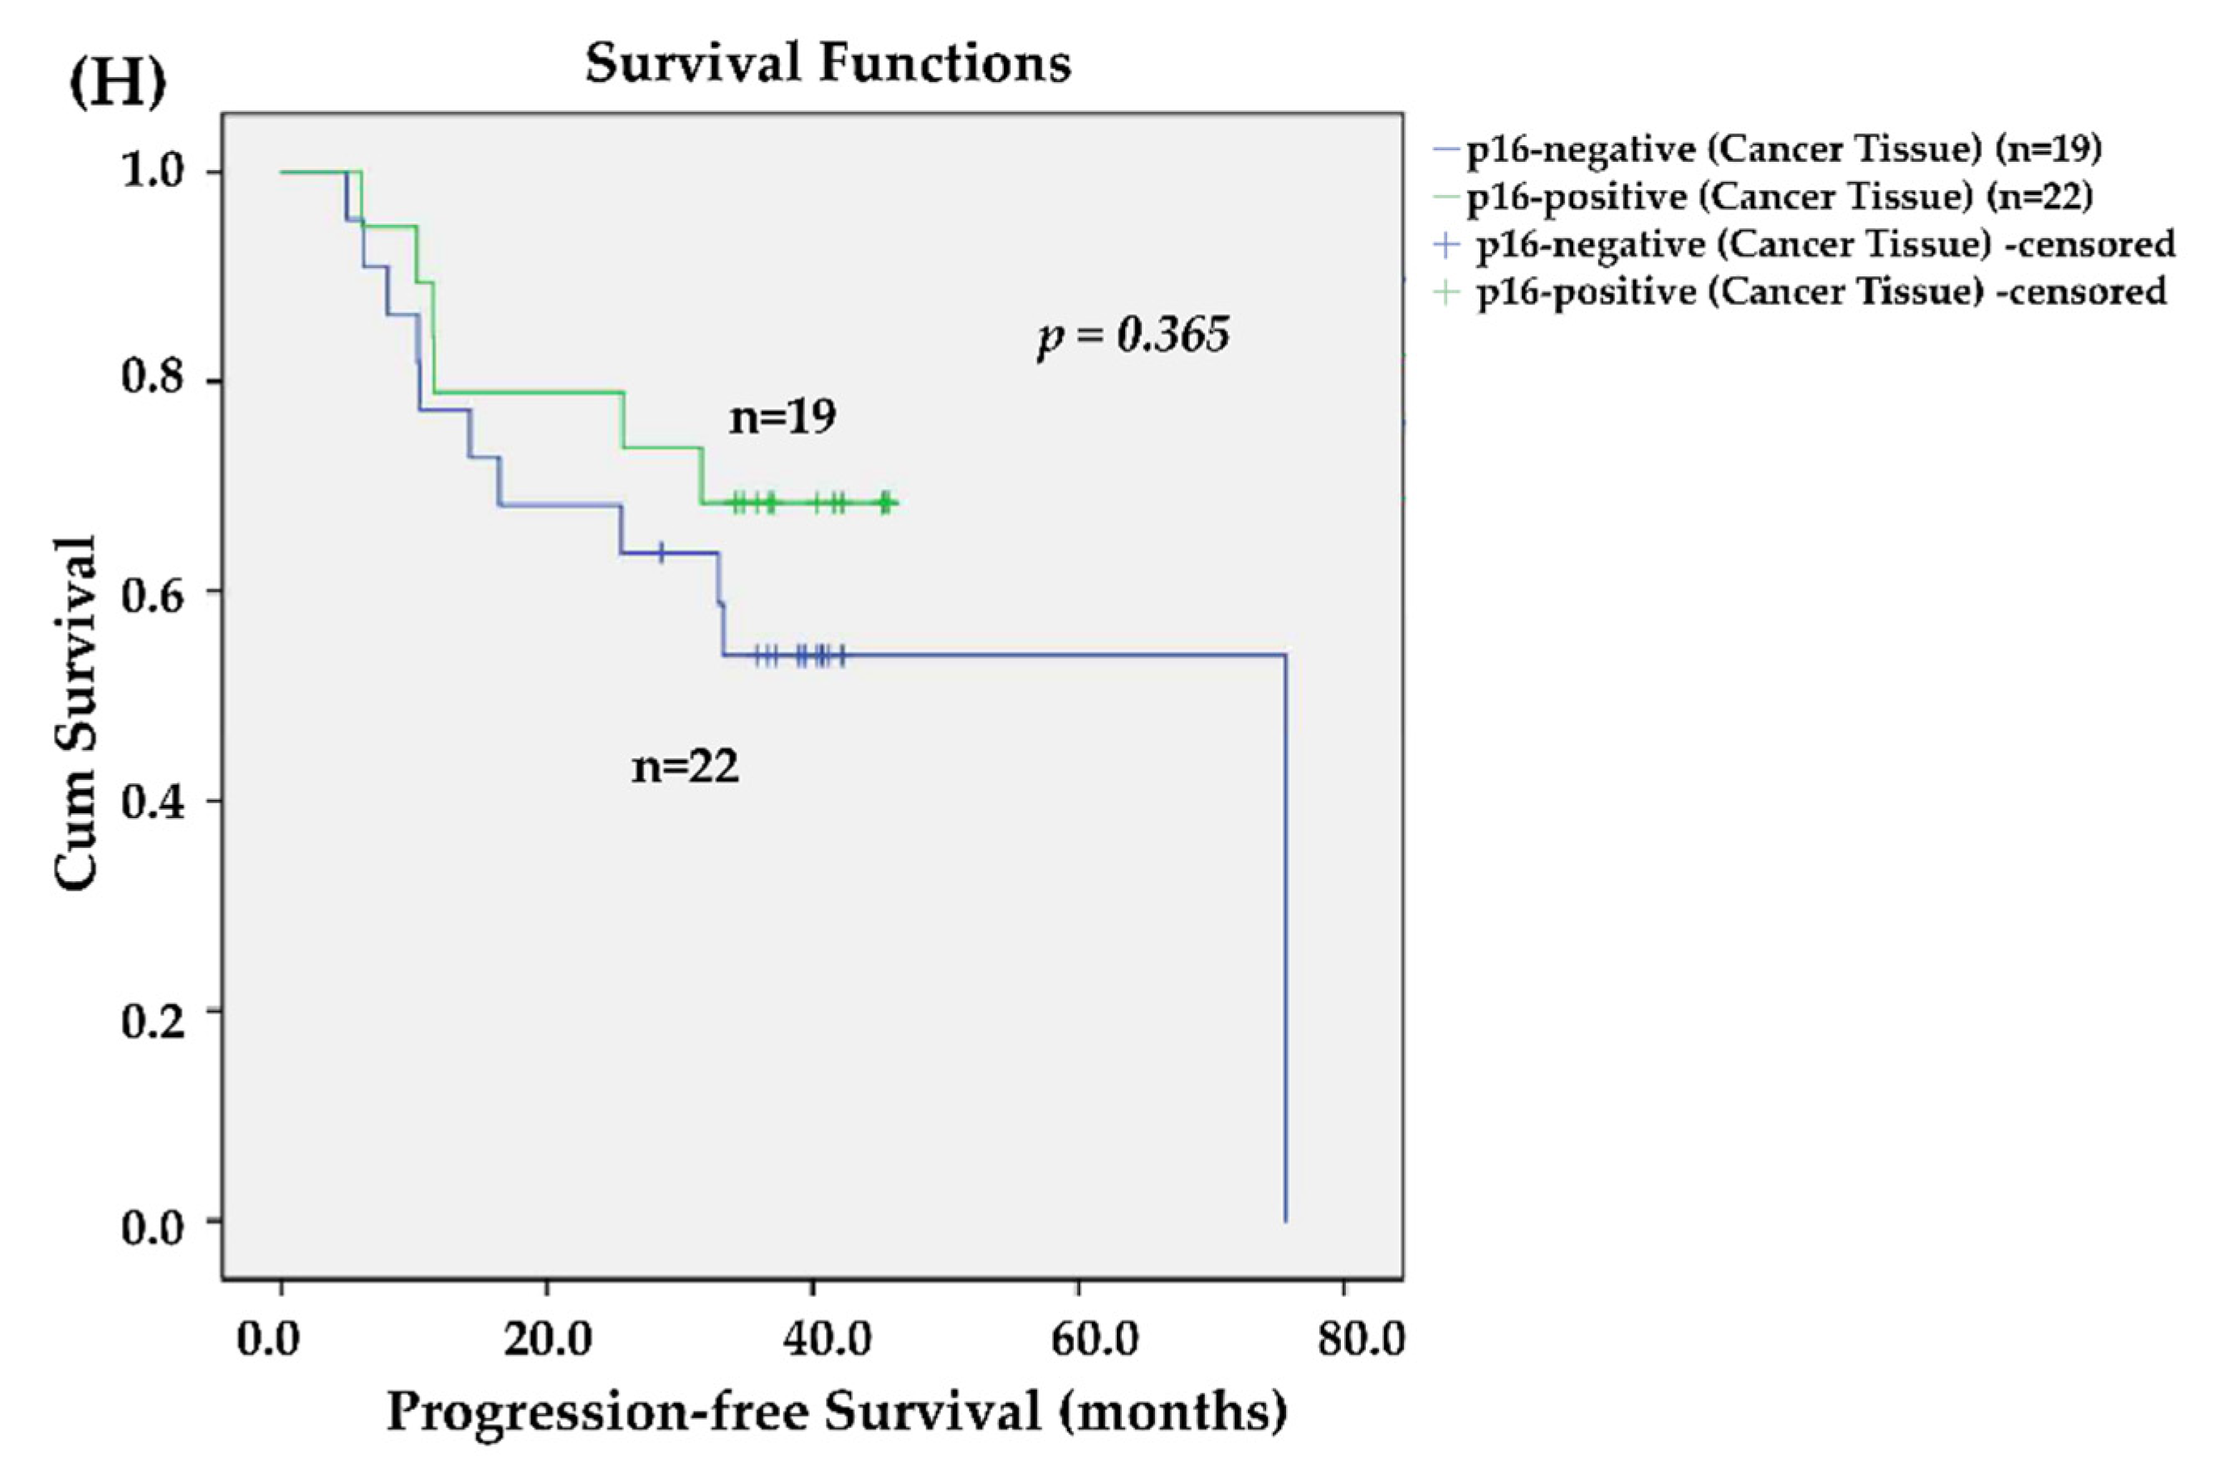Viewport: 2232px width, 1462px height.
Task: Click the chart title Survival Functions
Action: tap(828, 65)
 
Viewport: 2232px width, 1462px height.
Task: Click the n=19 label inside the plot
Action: tap(782, 417)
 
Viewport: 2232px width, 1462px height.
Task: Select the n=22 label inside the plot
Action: tap(685, 768)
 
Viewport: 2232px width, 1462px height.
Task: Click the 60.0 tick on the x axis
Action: tap(1078, 1339)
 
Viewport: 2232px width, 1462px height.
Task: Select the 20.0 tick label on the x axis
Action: tap(547, 1339)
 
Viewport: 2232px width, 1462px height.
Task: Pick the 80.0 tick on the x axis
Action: tap(1360, 1339)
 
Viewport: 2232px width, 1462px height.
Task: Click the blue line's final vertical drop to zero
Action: tap(1284, 938)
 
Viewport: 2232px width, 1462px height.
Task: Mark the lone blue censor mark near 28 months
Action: tap(661, 553)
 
